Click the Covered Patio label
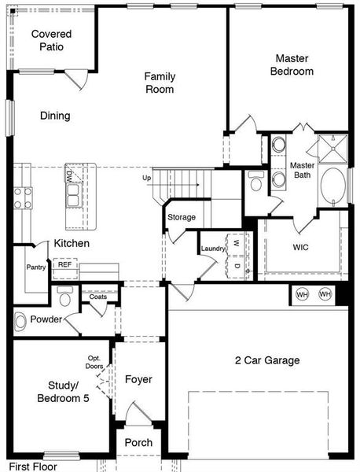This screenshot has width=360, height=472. (x=52, y=40)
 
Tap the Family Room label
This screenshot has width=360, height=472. (x=159, y=83)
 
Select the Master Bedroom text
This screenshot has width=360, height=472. (x=293, y=65)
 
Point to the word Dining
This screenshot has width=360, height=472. (x=55, y=116)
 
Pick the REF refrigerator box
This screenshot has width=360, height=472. (x=64, y=265)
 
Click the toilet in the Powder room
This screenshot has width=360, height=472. (x=65, y=297)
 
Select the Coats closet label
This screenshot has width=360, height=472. (x=98, y=297)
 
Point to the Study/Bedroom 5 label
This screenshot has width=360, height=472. (x=63, y=392)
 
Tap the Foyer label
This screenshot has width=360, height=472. (x=138, y=379)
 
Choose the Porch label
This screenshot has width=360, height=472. (x=138, y=443)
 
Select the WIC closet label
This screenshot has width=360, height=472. (x=300, y=247)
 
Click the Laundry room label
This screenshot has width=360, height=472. (x=213, y=249)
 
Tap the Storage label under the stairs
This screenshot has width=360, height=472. (x=182, y=217)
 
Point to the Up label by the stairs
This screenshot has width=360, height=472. (x=146, y=179)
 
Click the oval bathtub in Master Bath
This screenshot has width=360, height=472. (x=332, y=186)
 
